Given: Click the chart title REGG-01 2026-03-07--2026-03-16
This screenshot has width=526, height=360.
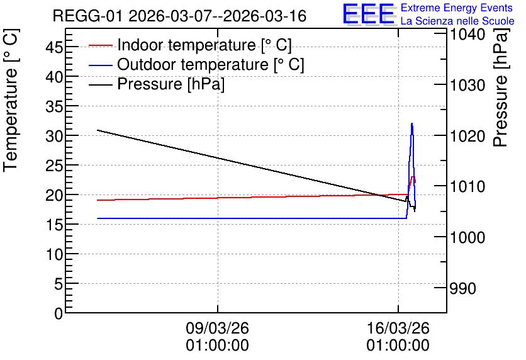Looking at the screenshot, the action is pyautogui.click(x=179, y=16).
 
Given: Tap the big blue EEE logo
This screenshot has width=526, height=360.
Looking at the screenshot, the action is pyautogui.click(x=368, y=14).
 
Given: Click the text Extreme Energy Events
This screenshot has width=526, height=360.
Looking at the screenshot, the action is pyautogui.click(x=457, y=8).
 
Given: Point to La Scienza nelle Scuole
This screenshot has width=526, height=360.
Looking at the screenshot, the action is pyautogui.click(x=457, y=21).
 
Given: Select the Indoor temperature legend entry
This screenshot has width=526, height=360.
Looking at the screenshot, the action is pyautogui.click(x=190, y=45).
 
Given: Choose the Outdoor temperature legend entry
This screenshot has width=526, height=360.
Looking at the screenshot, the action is pyautogui.click(x=196, y=64).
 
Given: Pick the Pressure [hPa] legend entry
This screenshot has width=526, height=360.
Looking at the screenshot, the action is pyautogui.click(x=157, y=84).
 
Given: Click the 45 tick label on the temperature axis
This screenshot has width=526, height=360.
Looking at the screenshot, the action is pyautogui.click(x=54, y=47).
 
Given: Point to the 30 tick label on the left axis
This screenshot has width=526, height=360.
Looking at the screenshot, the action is pyautogui.click(x=54, y=136).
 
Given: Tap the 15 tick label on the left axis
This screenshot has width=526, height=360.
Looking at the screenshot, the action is pyautogui.click(x=54, y=225).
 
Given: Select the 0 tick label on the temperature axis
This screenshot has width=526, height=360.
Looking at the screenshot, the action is pyautogui.click(x=59, y=314).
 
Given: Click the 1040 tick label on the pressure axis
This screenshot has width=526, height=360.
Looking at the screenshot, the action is pyautogui.click(x=467, y=34).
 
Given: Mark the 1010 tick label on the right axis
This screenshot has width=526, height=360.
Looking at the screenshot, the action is pyautogui.click(x=467, y=186).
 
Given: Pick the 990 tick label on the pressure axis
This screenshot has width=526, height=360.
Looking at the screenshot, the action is pyautogui.click(x=462, y=288).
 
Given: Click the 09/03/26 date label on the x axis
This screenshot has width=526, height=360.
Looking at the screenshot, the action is pyautogui.click(x=217, y=328).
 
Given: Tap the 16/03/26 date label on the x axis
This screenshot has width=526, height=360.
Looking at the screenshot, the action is pyautogui.click(x=398, y=328).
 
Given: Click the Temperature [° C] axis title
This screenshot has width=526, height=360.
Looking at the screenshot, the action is pyautogui.click(x=11, y=100).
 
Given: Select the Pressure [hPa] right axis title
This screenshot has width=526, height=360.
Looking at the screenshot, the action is pyautogui.click(x=500, y=87).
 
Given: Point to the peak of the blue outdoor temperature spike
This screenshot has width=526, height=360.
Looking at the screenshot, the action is pyautogui.click(x=412, y=123).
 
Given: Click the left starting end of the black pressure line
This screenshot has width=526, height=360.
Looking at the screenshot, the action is pyautogui.click(x=98, y=130).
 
